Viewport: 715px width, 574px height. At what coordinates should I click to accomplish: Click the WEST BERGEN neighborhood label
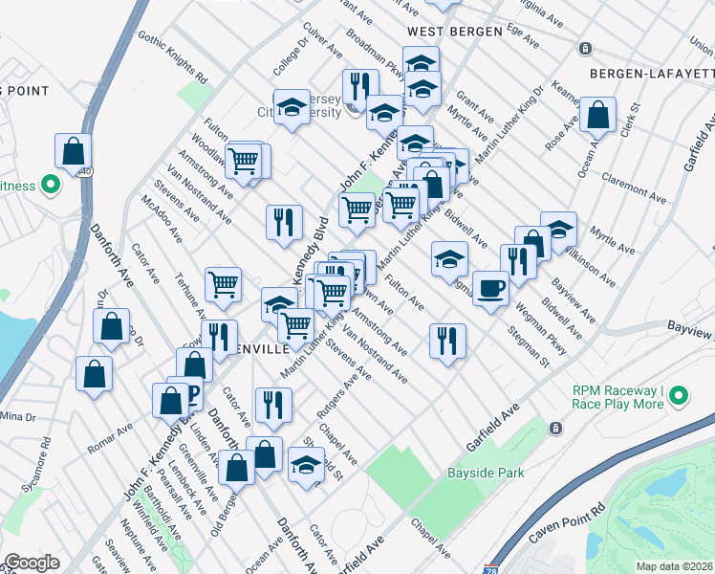tap(454, 32)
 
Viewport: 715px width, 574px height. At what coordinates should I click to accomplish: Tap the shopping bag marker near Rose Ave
tap(597, 116)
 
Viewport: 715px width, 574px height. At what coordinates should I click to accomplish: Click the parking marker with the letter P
tap(190, 393)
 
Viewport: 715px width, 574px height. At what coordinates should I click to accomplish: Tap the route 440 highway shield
tap(85, 171)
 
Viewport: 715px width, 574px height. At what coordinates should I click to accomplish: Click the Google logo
tap(32, 563)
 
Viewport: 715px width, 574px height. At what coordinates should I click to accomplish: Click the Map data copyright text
tap(674, 566)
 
